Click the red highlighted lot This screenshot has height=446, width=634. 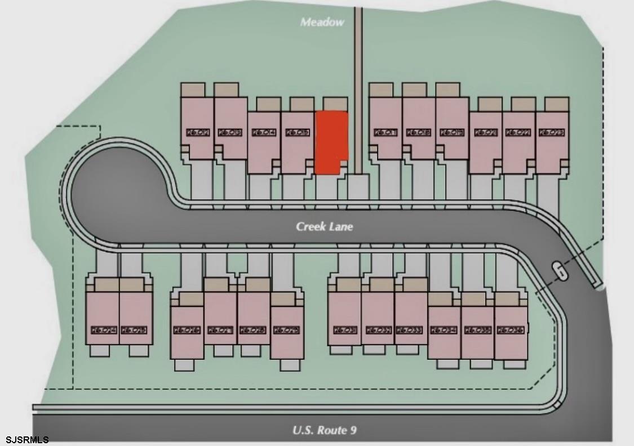pyautogui.click(x=331, y=142)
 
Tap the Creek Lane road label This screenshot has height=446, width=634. pyautogui.click(x=325, y=226)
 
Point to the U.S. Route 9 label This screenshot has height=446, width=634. pyautogui.click(x=324, y=431)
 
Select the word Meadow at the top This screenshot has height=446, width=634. pyautogui.click(x=322, y=23)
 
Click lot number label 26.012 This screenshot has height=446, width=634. pyautogui.click(x=198, y=132)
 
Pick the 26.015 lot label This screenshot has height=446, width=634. pyautogui.click(x=297, y=132)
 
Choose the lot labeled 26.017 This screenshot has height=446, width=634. pyautogui.click(x=386, y=132)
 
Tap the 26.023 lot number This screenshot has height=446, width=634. pyautogui.click(x=552, y=132)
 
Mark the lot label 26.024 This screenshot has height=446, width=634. pyautogui.click(x=103, y=330)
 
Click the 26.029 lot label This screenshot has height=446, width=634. pyautogui.click(x=286, y=330)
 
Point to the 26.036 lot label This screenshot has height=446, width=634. pyautogui.click(x=510, y=330)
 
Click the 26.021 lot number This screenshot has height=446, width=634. pyautogui.click(x=486, y=132)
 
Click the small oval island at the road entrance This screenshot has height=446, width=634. pyautogui.click(x=560, y=271)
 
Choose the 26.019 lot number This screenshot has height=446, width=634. pyautogui.click(x=453, y=132)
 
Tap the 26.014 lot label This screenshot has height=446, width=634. pyautogui.click(x=264, y=132)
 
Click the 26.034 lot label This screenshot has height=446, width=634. pyautogui.click(x=444, y=330)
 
